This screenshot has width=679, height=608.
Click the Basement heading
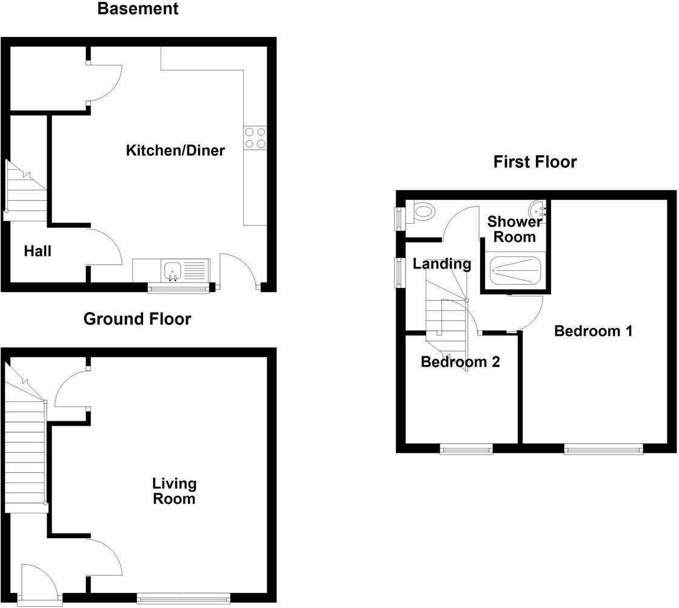coord(138,9)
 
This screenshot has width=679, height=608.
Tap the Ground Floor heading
coord(137,319)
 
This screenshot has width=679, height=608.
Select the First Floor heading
coord(535,162)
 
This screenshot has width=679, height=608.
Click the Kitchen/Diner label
coord(175,150)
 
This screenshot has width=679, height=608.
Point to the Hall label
coord(38,251)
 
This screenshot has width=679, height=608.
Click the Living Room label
coord(174,491)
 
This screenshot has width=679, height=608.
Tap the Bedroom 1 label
coord(594,331)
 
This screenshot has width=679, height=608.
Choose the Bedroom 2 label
coord(460,362)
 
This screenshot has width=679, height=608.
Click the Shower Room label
coord(514,229)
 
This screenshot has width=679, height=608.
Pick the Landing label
coord(442,264)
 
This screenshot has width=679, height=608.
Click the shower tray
coord(515,270)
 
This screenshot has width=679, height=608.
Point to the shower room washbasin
coord(538,210)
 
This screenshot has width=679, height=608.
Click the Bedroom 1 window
coord(603,449)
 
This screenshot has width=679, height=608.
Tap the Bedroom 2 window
coord(466,449)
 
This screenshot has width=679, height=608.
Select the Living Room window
coord(184,598)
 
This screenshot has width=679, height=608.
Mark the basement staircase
coord(26,191)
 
